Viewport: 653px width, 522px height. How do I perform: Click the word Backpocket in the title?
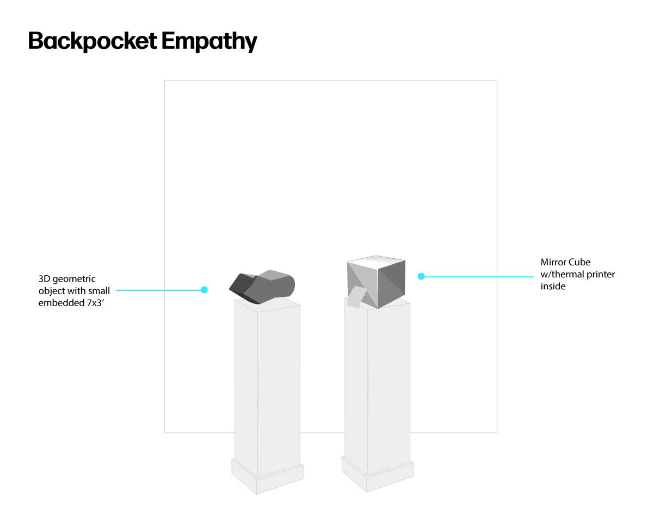pos(93,41)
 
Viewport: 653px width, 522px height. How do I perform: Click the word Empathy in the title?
pos(210,41)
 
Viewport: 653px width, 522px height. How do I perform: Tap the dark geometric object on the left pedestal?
pos(262,287)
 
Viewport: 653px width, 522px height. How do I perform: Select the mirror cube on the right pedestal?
pos(376,282)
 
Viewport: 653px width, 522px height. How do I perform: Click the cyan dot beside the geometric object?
pos(204,290)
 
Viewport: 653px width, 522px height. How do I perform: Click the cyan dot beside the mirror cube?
pos(421,276)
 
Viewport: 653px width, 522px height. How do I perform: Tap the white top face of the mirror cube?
pos(376,262)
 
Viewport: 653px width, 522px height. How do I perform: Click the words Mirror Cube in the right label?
pos(565,262)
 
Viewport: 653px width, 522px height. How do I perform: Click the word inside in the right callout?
pos(553,286)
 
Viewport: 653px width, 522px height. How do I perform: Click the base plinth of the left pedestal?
pos(267,476)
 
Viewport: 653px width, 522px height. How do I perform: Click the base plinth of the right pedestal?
pos(377,474)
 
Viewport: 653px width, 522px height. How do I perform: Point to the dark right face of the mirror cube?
pos(392,284)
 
